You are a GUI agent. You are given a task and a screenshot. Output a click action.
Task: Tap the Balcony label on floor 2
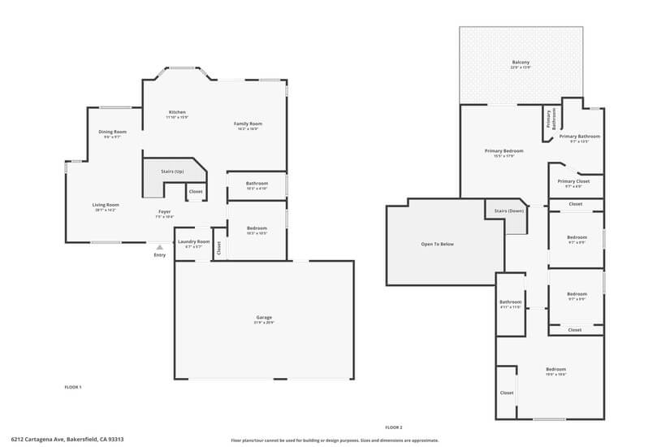(521, 63)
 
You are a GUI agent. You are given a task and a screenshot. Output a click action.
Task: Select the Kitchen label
(177, 112)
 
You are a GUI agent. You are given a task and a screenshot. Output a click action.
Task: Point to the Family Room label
(249, 124)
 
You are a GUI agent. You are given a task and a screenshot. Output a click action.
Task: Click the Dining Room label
(112, 132)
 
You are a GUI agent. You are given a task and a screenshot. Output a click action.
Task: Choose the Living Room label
(106, 205)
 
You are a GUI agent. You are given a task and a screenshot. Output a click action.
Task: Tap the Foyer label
(164, 212)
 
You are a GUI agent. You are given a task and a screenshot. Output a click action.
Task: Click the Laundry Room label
(193, 241)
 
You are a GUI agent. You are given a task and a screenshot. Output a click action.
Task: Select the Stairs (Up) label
(172, 171)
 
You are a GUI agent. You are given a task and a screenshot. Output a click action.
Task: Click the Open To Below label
(437, 244)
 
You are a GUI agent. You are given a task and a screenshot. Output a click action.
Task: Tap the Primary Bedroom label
(504, 150)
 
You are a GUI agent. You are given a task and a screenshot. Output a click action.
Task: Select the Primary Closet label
(573, 181)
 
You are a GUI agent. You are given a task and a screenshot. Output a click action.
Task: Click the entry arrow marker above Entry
(160, 246)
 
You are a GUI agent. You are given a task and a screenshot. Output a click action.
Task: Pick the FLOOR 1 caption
(73, 387)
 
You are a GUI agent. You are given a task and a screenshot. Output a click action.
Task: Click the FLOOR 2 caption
(394, 427)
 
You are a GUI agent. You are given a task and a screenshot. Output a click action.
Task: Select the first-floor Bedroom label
(257, 228)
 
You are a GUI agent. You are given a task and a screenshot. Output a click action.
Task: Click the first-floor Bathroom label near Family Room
(257, 183)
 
